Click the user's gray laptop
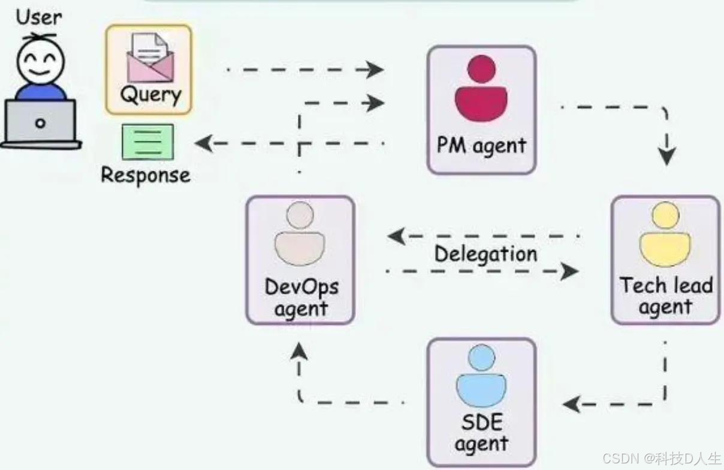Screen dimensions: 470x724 pos(40,123)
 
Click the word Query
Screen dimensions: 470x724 pos(150,95)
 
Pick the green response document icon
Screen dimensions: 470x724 pos(147,142)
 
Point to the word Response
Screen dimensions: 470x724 pos(146,175)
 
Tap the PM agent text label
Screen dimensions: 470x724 pos(481,146)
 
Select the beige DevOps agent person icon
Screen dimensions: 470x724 pos(300,234)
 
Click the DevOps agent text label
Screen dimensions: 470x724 pos(300,297)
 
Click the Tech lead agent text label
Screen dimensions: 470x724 pos(665,296)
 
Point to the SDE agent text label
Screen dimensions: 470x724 pos(481,433)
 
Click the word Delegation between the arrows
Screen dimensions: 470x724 pos(485,254)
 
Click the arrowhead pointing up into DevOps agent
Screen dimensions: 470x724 pos(300,352)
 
